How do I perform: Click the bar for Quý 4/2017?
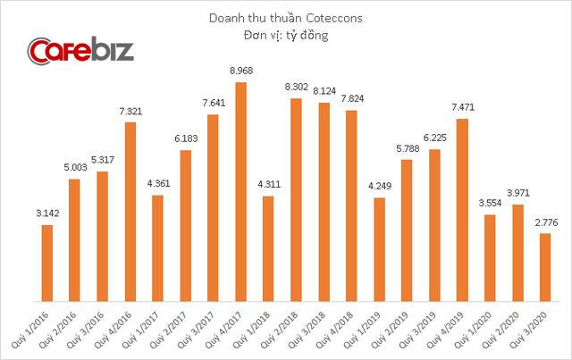pos(240,191)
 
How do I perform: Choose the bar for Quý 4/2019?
pos(462,209)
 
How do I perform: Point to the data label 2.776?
pos(544,224)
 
